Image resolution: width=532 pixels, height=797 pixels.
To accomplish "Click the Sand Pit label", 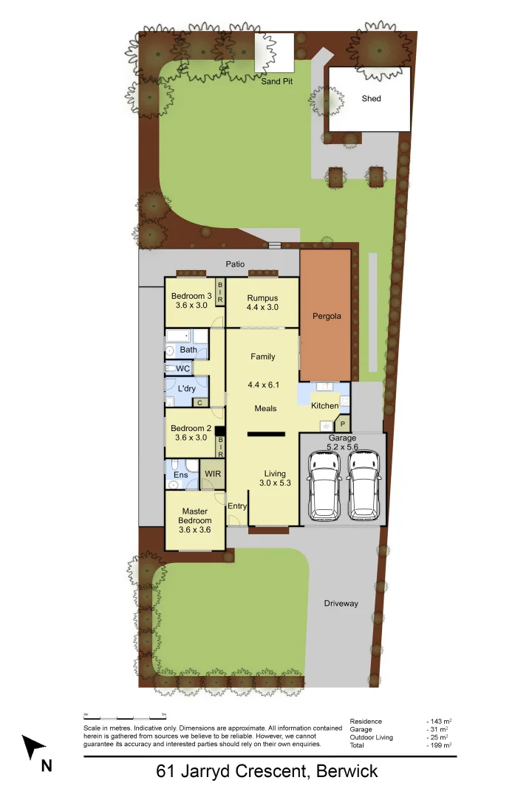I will pyautogui.click(x=277, y=81).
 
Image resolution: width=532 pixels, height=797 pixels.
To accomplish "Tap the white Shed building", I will pyautogui.click(x=369, y=99).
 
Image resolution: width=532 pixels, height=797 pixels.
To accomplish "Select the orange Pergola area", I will pyautogui.click(x=326, y=316).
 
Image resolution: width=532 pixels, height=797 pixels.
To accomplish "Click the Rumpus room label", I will pyautogui.click(x=262, y=297).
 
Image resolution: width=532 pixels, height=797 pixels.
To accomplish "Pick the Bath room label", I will pyautogui.click(x=188, y=350).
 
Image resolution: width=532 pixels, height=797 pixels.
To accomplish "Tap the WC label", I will pyautogui.click(x=183, y=368).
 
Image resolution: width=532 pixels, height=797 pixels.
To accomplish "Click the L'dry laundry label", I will pyautogui.click(x=186, y=388).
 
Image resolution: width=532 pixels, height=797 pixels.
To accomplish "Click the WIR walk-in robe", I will pyautogui.click(x=213, y=474).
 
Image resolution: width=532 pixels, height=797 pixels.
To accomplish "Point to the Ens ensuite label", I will pyautogui.click(x=180, y=475).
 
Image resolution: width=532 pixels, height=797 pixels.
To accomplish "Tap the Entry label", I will pyautogui.click(x=237, y=506).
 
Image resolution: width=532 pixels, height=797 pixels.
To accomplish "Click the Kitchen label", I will pyautogui.click(x=324, y=406).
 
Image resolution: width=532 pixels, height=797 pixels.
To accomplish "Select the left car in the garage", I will pyautogui.click(x=324, y=484).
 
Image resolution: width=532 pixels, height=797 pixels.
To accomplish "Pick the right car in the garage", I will pyautogui.click(x=363, y=484).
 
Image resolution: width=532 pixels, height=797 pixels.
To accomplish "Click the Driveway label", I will pyautogui.click(x=341, y=604).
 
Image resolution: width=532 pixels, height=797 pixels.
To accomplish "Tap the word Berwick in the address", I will pyautogui.click(x=347, y=772).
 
